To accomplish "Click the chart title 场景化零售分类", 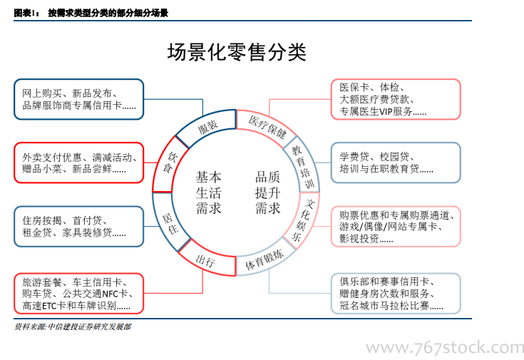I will point(236,52).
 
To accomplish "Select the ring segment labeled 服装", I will point(207,126).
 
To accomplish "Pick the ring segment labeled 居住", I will point(170,224).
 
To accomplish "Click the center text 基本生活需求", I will point(208,192).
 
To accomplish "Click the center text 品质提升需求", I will point(267,192).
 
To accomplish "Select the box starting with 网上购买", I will point(78,99).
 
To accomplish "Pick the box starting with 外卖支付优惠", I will point(78,163).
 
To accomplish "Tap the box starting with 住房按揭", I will point(78,226).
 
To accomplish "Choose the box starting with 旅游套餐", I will point(78,293).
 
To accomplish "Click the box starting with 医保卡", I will point(395,99).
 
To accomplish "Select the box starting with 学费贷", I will point(395,163).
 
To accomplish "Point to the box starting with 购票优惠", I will point(395,226).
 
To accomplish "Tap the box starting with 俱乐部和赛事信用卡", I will point(395,293).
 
